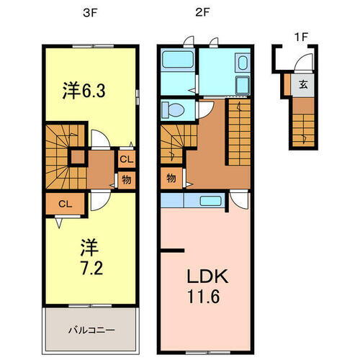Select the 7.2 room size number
tap(89, 269)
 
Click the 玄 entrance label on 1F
tap(304, 84)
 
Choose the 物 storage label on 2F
tap(171, 177)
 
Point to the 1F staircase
tap(303, 122)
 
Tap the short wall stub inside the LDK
tap(171, 251)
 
